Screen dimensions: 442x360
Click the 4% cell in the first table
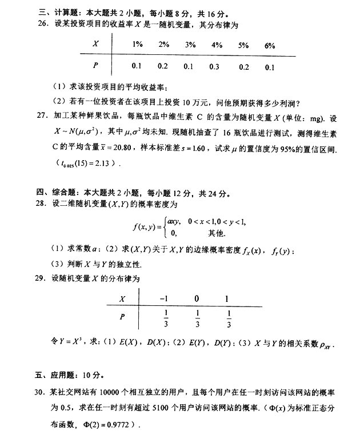point(216,45)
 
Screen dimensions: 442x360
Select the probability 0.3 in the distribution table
point(215,67)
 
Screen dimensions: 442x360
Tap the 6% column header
point(270,45)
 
